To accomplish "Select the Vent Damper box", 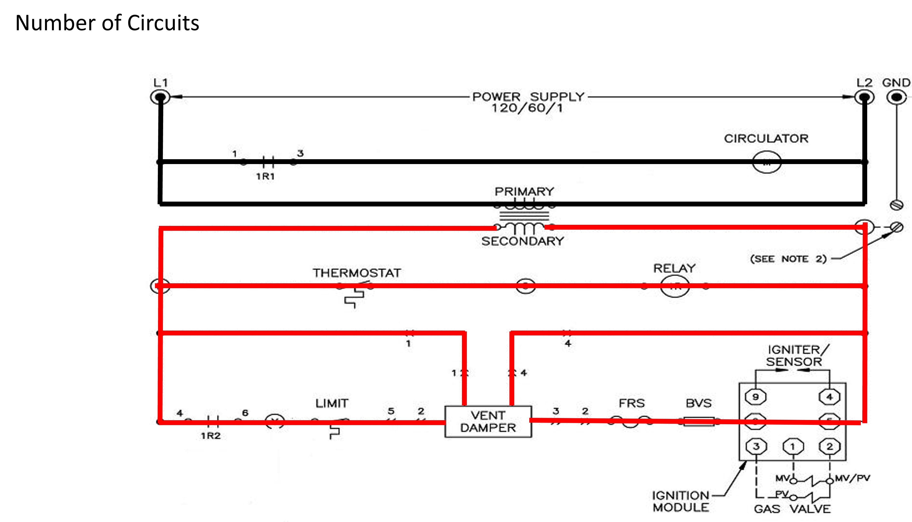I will pos(488,422).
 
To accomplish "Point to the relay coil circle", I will pos(675,286).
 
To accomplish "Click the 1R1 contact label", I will pos(265,176).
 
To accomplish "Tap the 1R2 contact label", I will pos(211,436).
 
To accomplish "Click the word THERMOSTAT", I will pos(356,273).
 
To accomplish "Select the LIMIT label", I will pos(332,404).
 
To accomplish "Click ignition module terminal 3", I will pos(756,446).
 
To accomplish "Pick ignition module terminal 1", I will pos(793,446).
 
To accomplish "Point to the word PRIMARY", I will pos(524,191).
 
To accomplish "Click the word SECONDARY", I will pos(522,241).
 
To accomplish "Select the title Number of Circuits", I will pos(107,23).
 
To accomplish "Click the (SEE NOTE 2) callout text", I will pos(788,259).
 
